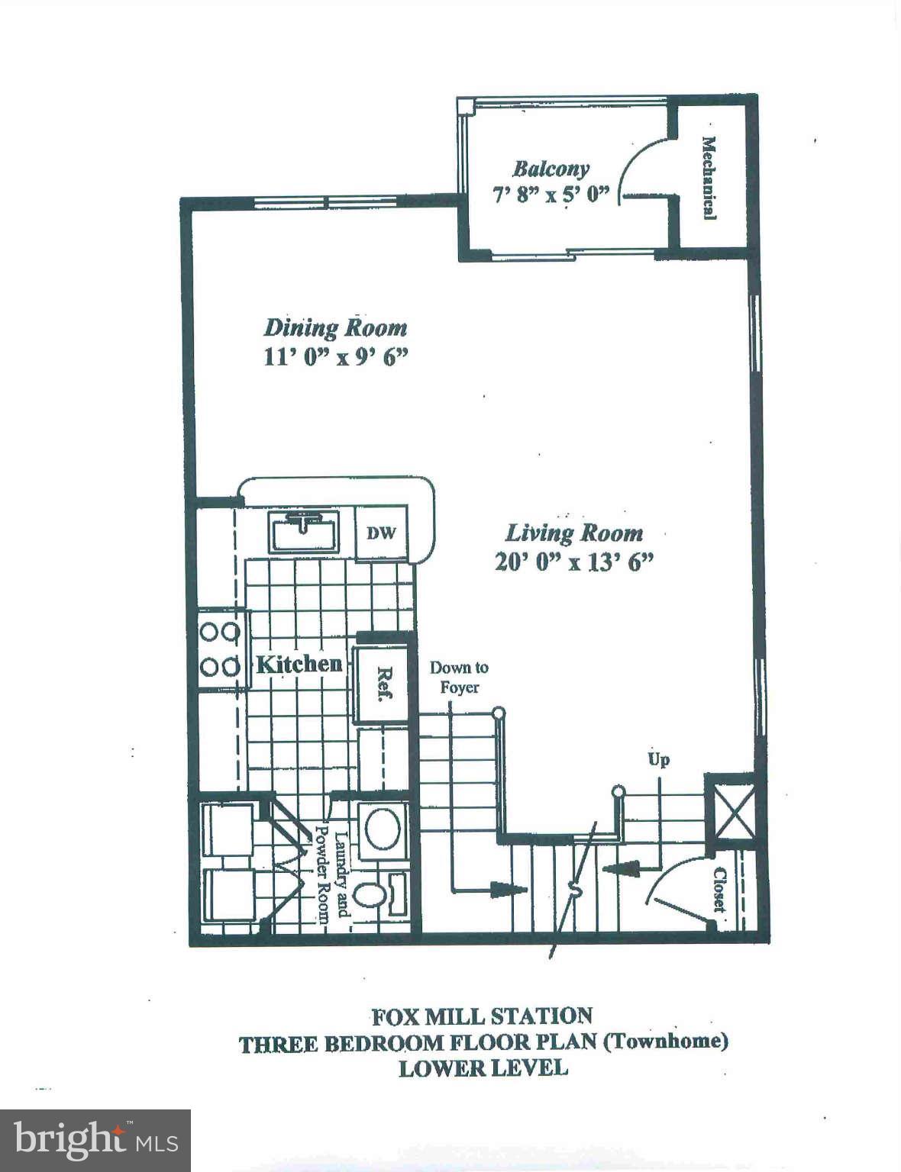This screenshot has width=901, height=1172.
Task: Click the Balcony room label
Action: (551, 168)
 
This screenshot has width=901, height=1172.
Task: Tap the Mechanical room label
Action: (709, 178)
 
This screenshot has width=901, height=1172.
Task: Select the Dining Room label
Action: (335, 328)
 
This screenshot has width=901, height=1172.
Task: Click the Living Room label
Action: (574, 533)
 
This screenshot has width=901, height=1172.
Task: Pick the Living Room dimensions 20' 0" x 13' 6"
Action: (574, 562)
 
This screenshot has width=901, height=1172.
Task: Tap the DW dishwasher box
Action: (381, 533)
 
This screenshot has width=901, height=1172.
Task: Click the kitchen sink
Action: (304, 531)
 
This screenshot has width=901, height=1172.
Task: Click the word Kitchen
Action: (299, 664)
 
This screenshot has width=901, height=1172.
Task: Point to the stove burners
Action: (220, 649)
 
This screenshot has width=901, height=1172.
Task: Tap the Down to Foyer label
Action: (459, 677)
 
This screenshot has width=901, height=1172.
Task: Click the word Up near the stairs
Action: (658, 759)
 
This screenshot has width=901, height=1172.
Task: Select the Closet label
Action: (719, 890)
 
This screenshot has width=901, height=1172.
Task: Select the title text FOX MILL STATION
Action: (482, 1016)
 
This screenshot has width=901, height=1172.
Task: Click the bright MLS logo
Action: (95, 1141)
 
